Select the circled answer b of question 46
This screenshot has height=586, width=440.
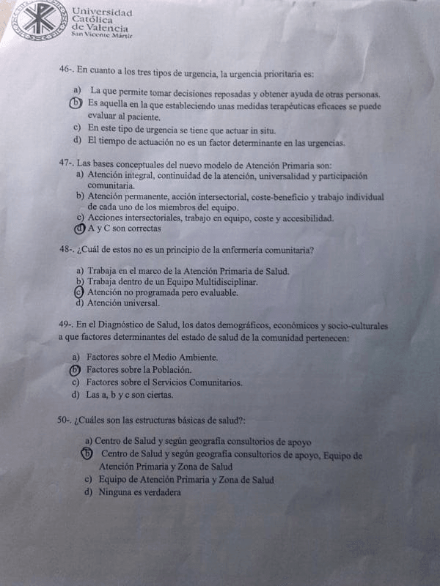tap(76, 104)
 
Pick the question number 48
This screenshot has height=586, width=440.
tap(66, 250)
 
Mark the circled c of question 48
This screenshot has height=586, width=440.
tap(79, 292)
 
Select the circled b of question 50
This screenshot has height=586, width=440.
tap(87, 454)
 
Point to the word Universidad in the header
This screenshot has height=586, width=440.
tap(103, 12)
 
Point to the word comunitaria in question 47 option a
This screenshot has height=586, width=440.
tap(111, 186)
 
